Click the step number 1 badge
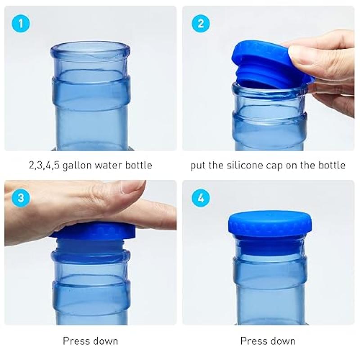[21, 23]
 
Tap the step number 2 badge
[201, 23]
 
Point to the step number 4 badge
[201, 198]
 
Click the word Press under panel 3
[75, 341]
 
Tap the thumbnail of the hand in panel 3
[133, 187]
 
